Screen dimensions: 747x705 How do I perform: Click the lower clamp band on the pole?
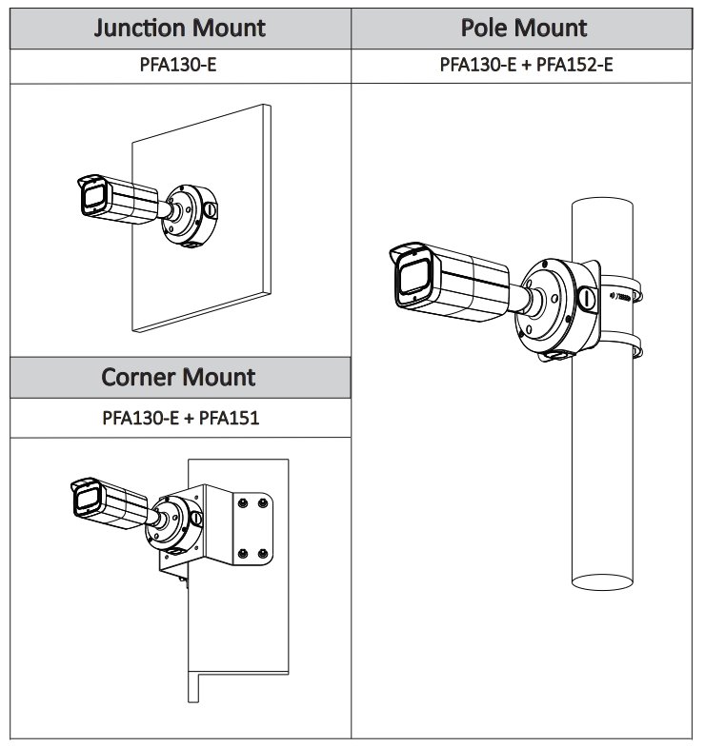619,348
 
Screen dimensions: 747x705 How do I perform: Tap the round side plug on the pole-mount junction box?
588,298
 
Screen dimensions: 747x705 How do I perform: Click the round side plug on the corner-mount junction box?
196,520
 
